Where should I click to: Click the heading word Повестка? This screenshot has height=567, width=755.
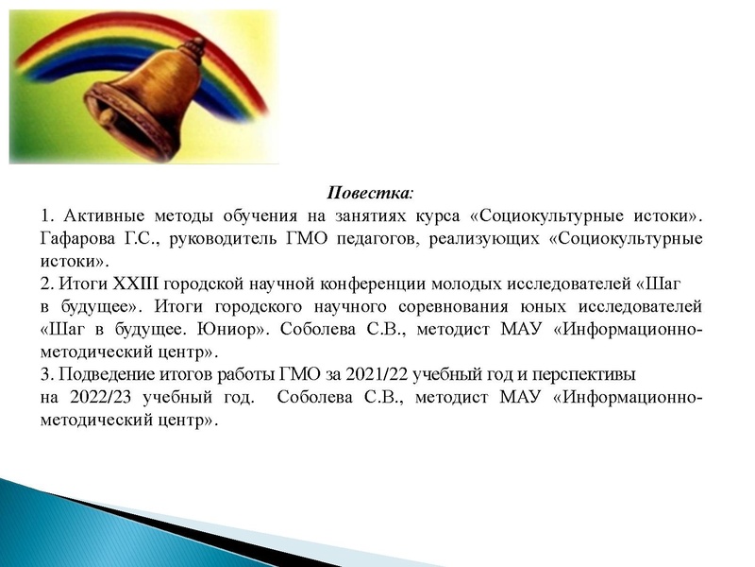(x=368, y=193)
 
